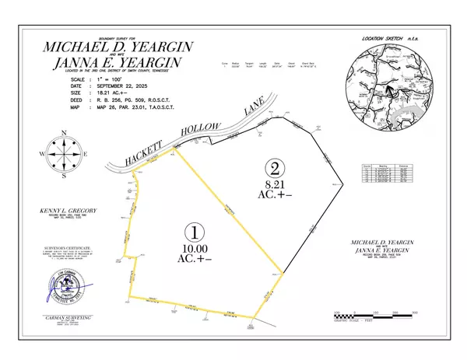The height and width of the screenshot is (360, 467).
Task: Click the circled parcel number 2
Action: (x=273, y=167)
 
